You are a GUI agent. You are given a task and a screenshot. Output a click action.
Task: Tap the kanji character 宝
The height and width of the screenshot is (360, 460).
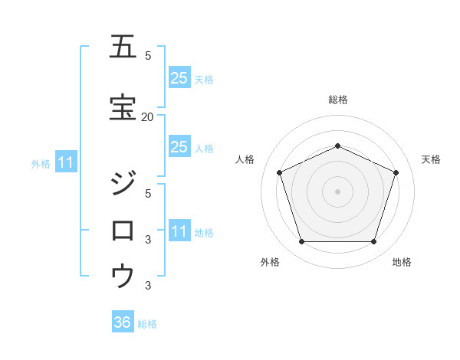pyautogui.click(x=123, y=107)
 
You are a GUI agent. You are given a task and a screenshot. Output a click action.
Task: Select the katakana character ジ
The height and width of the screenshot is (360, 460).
pyautogui.click(x=123, y=185)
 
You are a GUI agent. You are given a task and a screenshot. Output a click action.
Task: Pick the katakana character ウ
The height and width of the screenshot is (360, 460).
pyautogui.click(x=123, y=275)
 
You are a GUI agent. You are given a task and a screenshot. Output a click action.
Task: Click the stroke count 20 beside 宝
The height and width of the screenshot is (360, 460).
pyautogui.click(x=148, y=116)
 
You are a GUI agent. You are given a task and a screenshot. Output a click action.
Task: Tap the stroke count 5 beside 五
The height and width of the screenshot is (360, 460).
pyautogui.click(x=148, y=56)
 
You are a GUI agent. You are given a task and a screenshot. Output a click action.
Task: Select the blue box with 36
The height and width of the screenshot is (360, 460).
pyautogui.click(x=123, y=322)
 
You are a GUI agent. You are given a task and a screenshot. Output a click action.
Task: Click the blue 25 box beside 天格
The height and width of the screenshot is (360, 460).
pyautogui.click(x=179, y=78)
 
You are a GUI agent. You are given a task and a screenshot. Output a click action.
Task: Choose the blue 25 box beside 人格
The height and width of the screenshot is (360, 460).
pyautogui.click(x=179, y=147)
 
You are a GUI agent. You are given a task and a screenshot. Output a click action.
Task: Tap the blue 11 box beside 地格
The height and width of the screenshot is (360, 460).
pyautogui.click(x=179, y=231)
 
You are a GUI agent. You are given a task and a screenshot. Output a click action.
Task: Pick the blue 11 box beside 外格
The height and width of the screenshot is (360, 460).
pyautogui.click(x=65, y=162)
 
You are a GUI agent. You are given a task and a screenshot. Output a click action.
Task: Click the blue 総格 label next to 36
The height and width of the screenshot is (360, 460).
pyautogui.click(x=147, y=324)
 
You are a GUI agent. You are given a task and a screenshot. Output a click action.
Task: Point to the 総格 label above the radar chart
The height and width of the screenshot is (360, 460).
pyautogui.click(x=337, y=100)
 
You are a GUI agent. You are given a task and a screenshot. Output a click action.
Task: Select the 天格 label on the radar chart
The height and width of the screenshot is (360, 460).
pyautogui.click(x=431, y=159)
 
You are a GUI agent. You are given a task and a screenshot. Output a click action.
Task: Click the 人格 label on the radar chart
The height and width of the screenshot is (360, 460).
pyautogui.click(x=245, y=159)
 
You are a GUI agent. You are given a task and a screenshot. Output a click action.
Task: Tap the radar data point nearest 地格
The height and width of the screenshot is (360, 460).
pyautogui.click(x=373, y=242)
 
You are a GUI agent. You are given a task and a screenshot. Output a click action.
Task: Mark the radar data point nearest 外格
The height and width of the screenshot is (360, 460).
pyautogui.click(x=301, y=242)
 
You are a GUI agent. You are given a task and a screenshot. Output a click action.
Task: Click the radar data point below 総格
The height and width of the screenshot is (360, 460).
pyautogui.click(x=337, y=146)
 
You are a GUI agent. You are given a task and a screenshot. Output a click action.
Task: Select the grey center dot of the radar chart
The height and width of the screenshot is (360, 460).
pyautogui.click(x=337, y=191)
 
